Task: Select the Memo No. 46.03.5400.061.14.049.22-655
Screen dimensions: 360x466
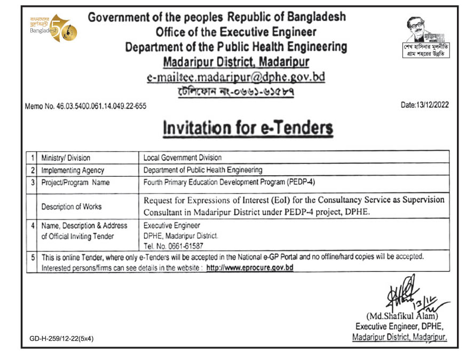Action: click(85, 106)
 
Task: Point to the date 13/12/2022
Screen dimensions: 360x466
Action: click(424, 105)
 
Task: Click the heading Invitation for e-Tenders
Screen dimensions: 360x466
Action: click(248, 129)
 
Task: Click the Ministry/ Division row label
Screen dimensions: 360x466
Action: click(66, 158)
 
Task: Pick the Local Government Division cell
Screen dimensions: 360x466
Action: click(183, 158)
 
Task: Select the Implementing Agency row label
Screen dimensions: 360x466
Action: click(73, 170)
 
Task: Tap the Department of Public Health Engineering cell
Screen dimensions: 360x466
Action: click(203, 170)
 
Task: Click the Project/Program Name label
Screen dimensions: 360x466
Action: click(75, 183)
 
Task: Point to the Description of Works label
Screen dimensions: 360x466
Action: click(72, 207)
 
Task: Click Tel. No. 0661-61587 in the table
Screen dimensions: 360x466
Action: click(173, 246)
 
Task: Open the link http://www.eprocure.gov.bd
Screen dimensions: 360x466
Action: click(250, 268)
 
